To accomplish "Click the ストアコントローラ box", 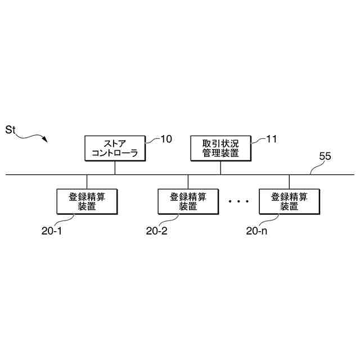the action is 115,148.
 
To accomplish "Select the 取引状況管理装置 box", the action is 220,148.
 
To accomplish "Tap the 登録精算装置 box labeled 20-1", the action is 87,201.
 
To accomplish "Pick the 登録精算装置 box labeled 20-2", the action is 188,201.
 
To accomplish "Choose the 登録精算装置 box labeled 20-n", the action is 289,201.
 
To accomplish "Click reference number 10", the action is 166,139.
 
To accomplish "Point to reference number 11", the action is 271,139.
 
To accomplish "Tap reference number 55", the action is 325,157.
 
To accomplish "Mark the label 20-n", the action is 258,231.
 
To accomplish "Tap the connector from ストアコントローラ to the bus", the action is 115,168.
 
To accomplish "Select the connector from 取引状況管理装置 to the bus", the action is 220,168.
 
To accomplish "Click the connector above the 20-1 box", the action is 87,182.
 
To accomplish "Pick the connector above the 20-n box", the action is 289,182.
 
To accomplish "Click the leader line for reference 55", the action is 316,168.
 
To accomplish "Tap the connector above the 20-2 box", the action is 188,182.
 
